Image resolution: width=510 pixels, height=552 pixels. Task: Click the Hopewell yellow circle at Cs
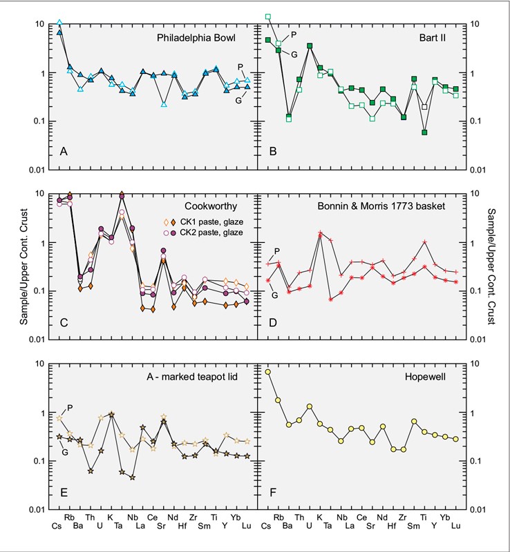pyautogui.click(x=267, y=372)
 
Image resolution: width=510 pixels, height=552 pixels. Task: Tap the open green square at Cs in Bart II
pyautogui.click(x=267, y=17)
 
